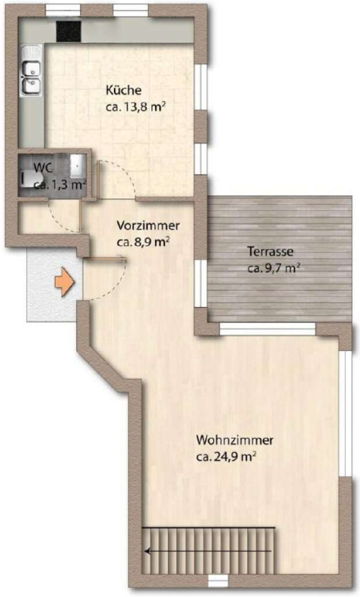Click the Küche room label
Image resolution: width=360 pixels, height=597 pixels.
coord(123,90)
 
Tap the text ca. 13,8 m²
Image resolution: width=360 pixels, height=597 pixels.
coord(135,108)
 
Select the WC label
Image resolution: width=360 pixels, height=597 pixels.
coord(43,167)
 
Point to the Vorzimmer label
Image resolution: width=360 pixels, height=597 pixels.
coord(148,226)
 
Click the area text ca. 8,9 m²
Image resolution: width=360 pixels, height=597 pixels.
coord(143,242)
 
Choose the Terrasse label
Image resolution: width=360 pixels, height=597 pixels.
coord(270,252)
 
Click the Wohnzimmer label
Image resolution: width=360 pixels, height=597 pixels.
coord(235,441)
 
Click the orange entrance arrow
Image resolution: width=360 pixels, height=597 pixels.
coord(64,282)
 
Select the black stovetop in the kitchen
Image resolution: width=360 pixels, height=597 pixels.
coord(69,31)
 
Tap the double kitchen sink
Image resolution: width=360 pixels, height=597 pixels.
coord(31,71)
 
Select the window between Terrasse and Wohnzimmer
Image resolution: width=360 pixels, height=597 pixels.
coord(268,328)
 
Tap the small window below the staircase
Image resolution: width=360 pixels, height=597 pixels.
coord(218,581)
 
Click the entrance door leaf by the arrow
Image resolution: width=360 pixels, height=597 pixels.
coord(105,259)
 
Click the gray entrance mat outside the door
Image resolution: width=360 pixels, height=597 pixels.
coord(54,285)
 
